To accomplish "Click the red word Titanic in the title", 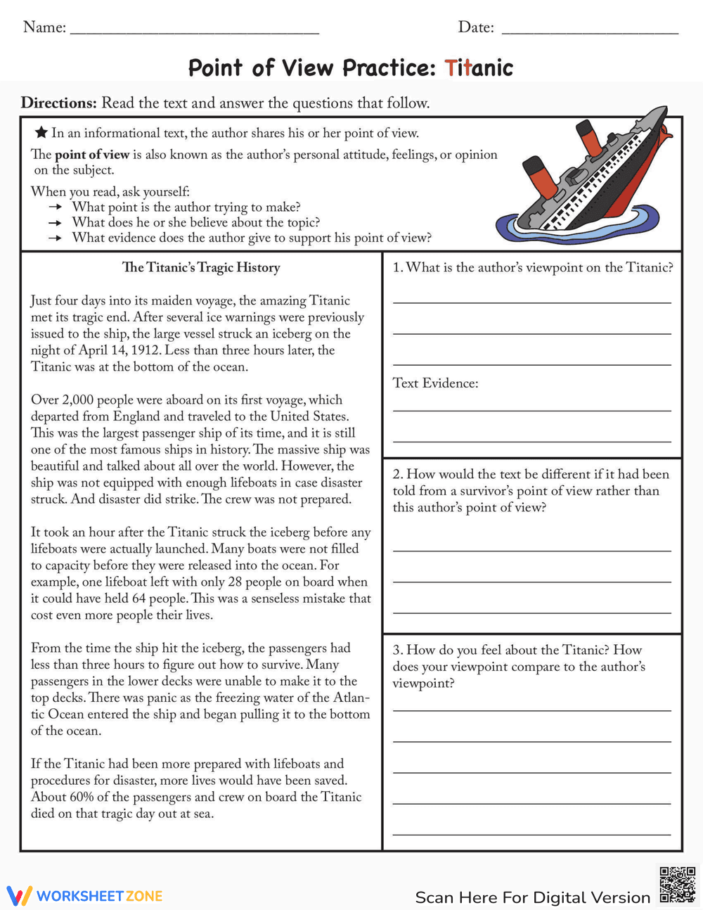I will coord(479,68).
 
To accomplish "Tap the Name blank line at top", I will coord(195,31).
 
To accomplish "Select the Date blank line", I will coord(590,31).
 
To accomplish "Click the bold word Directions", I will coord(58,103).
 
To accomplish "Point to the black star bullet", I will coord(41,132).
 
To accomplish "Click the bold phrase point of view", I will coord(92,155).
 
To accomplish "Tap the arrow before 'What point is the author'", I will coord(56,207).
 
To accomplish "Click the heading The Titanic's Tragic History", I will coord(201,267).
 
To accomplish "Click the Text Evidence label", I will coord(435,383).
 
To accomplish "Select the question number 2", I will coord(397,474).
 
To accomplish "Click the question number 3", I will coord(397,650).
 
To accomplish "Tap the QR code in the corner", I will coord(677,885).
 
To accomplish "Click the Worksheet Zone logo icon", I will coord(19,895).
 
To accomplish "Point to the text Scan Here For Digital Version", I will coord(532,897).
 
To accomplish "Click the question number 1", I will coord(397,267).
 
